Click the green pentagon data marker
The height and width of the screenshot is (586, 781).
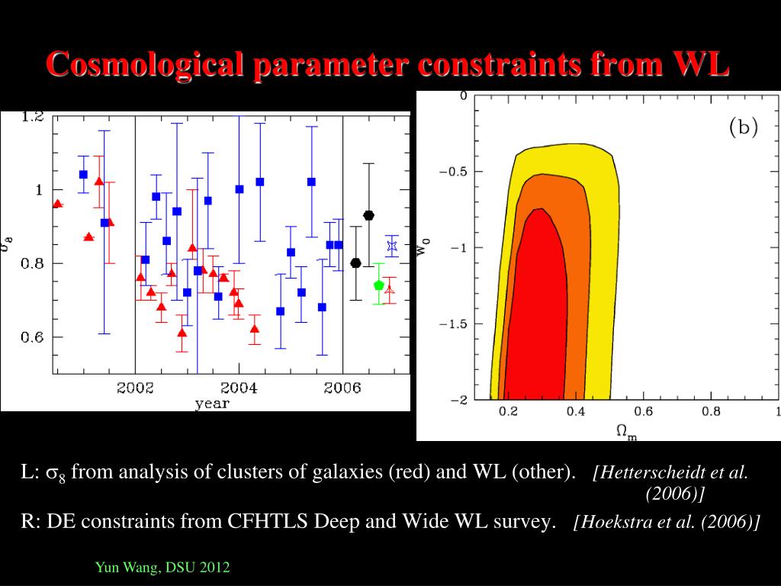(379, 285)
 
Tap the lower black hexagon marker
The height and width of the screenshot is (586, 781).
(355, 263)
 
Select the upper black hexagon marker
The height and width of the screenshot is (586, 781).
(368, 215)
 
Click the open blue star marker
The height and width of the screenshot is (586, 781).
(392, 246)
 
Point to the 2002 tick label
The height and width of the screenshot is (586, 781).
(135, 388)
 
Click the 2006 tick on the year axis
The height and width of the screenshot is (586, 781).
(342, 388)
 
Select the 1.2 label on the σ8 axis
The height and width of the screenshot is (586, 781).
(33, 117)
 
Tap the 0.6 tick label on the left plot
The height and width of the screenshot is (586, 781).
(33, 337)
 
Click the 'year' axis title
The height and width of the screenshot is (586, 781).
(211, 404)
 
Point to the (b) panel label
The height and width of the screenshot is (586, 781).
(744, 127)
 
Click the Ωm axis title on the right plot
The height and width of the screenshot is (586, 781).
(626, 431)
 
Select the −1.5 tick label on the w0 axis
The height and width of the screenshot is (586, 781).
(453, 324)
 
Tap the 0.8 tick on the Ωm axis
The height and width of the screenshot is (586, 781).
(711, 412)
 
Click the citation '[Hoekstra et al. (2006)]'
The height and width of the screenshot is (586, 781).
(668, 522)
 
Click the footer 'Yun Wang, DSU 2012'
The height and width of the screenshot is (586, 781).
(162, 568)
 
